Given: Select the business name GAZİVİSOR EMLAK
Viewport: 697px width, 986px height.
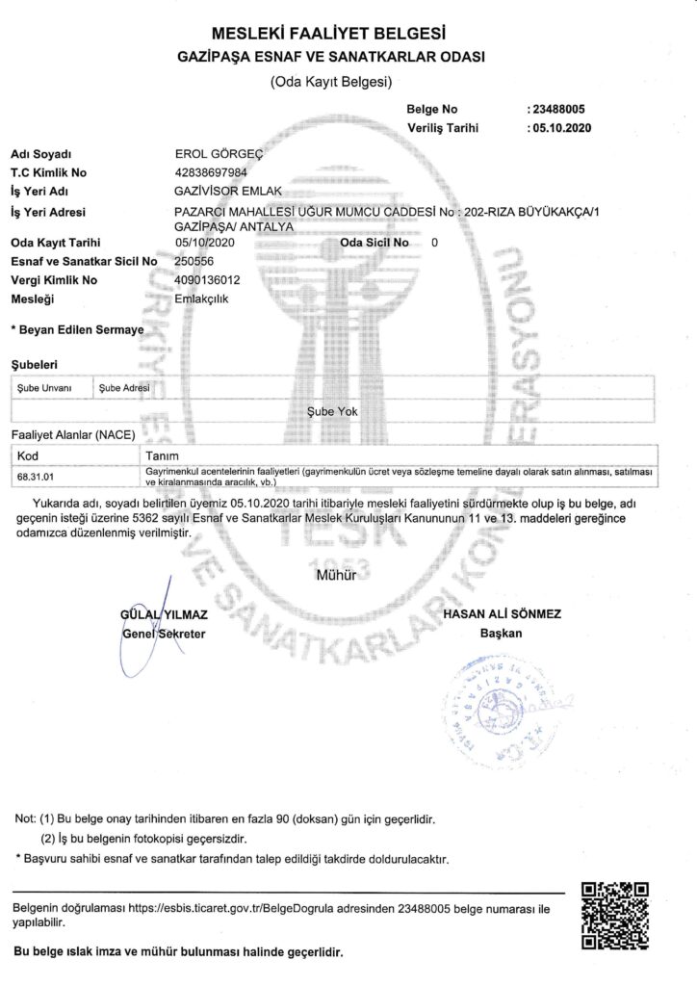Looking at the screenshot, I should click(220, 191).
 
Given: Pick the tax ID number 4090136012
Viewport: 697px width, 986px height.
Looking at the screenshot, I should click(207, 280).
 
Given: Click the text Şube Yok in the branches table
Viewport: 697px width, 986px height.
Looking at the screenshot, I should click(331, 411).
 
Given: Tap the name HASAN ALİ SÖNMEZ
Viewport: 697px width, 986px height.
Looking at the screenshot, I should click(502, 614).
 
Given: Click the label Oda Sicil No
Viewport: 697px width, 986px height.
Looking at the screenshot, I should click(374, 244).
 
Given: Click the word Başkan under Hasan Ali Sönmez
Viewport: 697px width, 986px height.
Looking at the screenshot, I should click(501, 634).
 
